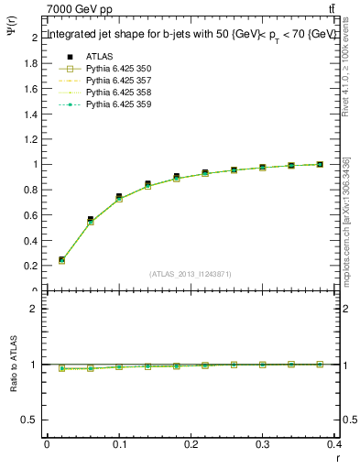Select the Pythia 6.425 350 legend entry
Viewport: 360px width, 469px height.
[x=119, y=69]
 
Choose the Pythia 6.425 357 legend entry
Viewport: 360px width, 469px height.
[x=119, y=81]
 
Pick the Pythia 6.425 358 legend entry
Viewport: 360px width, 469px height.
[x=119, y=93]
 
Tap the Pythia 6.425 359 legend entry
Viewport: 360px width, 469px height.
[x=119, y=104]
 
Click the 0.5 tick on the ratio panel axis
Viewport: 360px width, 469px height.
[x=30, y=420]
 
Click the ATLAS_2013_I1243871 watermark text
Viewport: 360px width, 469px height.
[x=191, y=274]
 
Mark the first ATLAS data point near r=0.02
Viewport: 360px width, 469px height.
[x=61, y=260]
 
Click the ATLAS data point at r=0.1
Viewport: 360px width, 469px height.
[x=119, y=197]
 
